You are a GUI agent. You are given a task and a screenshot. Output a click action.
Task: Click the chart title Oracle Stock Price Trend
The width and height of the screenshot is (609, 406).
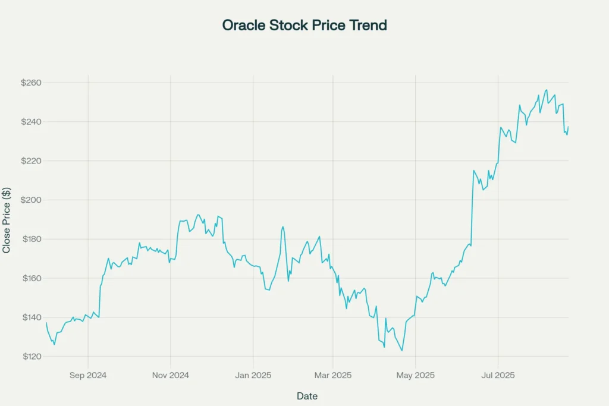(304, 26)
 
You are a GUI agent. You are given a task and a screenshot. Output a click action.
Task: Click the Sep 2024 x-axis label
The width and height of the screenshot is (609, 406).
(88, 375)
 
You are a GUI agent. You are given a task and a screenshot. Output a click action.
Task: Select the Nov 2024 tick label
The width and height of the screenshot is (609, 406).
(171, 375)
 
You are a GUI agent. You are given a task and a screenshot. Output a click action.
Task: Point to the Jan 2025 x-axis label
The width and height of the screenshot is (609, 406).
(253, 375)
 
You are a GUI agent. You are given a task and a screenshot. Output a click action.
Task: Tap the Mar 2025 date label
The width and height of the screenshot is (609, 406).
(332, 375)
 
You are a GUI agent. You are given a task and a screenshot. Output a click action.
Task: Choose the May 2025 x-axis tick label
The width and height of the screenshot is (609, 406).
(415, 375)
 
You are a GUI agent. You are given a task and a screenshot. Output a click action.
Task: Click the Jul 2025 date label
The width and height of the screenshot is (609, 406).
(498, 375)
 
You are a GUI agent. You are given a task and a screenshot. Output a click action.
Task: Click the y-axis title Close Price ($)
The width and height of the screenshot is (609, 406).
(7, 220)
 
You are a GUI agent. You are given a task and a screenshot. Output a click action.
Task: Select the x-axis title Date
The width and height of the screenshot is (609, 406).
(307, 396)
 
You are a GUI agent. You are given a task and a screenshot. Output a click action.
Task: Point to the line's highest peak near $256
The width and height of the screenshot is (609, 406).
(547, 90)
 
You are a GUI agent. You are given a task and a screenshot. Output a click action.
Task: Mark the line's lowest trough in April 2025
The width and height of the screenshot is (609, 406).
(402, 351)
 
